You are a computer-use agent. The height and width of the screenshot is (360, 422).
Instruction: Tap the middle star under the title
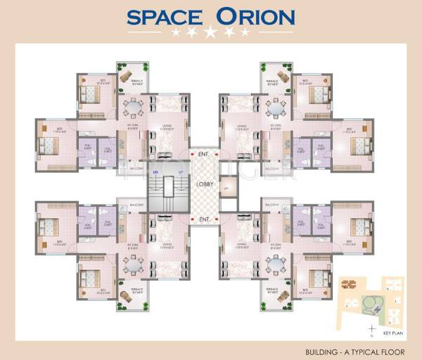[x=210, y=32]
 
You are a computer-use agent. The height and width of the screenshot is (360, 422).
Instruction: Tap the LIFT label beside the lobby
[x=226, y=188]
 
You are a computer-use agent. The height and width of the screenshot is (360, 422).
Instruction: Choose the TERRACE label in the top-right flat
[x=272, y=82]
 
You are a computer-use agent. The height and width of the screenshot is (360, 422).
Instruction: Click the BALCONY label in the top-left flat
[x=137, y=169]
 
